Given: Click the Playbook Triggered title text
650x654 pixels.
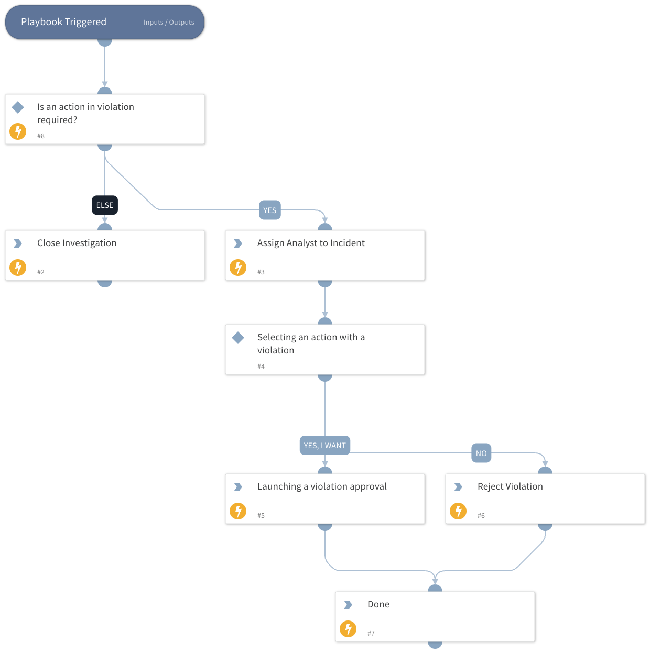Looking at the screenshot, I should (63, 22).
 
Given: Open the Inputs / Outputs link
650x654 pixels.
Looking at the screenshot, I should (169, 23).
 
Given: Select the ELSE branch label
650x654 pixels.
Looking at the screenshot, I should (105, 205).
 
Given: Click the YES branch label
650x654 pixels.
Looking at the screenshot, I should (270, 210).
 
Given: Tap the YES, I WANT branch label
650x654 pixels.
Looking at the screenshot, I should (324, 446).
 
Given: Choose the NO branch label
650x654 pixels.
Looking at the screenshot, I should (481, 453).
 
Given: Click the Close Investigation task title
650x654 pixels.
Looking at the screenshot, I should (77, 243).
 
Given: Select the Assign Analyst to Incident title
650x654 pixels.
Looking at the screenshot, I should (311, 243).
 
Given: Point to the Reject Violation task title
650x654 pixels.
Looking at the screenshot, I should (510, 486).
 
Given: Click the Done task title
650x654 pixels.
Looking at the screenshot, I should (378, 604).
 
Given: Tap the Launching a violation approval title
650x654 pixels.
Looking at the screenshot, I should (322, 486).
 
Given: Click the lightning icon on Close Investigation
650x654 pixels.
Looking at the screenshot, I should (18, 268).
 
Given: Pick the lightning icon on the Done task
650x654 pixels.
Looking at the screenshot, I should (348, 629).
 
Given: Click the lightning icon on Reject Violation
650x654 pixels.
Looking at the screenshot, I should (458, 511).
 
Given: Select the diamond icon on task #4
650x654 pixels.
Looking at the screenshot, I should (238, 338).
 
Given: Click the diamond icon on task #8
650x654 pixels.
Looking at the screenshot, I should (18, 107).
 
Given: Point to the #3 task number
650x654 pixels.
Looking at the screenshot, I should (261, 272).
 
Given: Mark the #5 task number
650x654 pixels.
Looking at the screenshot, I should (261, 516).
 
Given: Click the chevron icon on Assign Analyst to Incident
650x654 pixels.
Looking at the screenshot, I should (238, 243).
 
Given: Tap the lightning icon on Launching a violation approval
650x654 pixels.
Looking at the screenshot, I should (238, 511).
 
